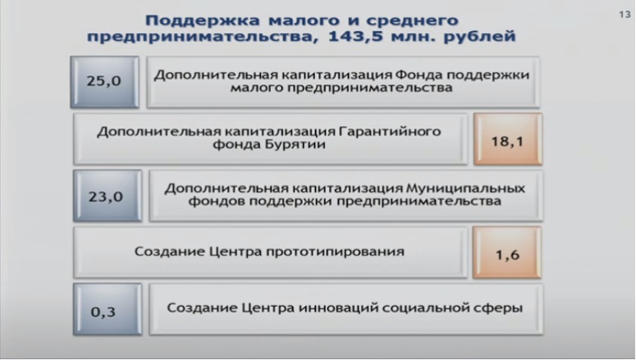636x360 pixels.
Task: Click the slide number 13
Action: (625, 15)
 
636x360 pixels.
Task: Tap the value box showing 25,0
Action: (105, 82)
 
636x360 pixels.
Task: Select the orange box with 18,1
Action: (507, 139)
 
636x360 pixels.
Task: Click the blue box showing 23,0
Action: (108, 196)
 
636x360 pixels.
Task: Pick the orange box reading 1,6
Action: (507, 253)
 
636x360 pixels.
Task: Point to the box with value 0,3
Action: (108, 309)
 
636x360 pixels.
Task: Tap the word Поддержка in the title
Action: (202, 21)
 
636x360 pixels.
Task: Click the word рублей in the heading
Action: (479, 37)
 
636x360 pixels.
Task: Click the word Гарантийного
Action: (389, 132)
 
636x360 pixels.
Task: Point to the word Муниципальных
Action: (465, 189)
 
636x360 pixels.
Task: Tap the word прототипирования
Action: (335, 252)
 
